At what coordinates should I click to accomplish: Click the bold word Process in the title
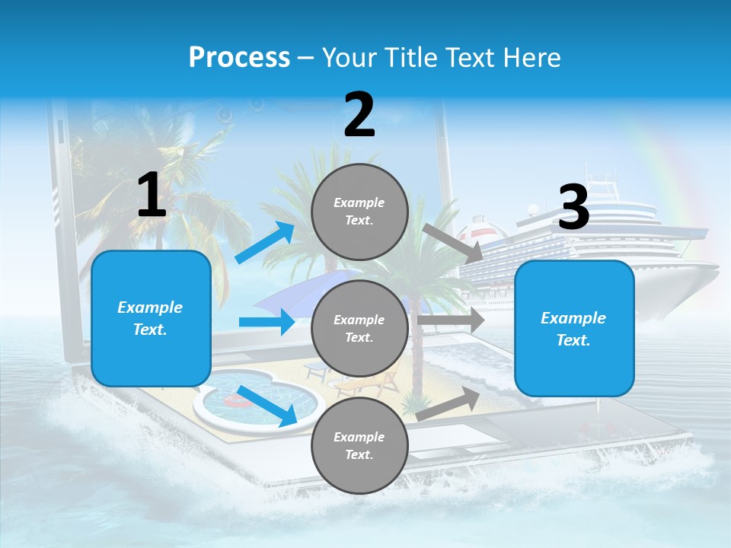coord(239,58)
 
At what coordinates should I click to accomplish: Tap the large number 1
coord(152,196)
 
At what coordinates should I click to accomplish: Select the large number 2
coord(359,115)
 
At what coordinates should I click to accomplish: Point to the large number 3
coord(574,207)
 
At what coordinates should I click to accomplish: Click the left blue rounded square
coord(151,318)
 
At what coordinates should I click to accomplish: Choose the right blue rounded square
coord(574,328)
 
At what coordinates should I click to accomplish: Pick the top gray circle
coord(359,212)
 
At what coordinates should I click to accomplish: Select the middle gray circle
coord(359,328)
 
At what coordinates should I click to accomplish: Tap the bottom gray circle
coord(359,445)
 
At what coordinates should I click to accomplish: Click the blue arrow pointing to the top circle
coord(265,243)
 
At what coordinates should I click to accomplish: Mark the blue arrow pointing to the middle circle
coord(267,322)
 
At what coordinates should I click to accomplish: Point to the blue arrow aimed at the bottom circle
coord(267,406)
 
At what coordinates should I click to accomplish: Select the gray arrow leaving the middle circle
coord(450,320)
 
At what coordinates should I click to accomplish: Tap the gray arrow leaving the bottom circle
coord(448,404)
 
